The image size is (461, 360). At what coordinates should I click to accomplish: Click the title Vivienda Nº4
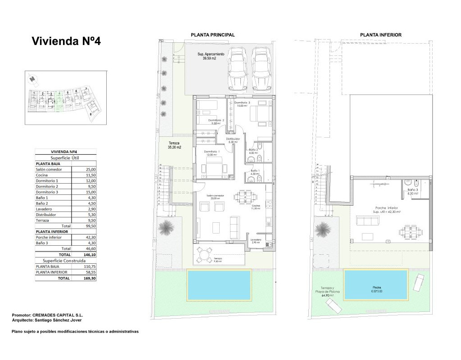point(66,41)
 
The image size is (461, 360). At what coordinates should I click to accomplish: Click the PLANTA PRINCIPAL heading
point(212,35)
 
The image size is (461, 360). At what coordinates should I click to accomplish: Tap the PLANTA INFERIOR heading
point(380,35)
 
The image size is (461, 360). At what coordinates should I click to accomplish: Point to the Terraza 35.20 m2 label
point(174,145)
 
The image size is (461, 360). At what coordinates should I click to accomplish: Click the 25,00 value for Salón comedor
point(90,170)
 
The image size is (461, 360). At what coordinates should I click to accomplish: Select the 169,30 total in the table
point(90,279)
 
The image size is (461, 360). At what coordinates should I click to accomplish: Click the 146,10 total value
point(90,254)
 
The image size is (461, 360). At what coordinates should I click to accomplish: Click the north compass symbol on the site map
point(32,79)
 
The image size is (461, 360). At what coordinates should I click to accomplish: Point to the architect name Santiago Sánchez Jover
point(56,320)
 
